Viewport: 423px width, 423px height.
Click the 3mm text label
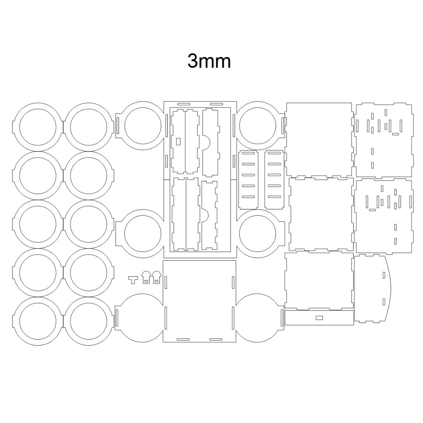coord(209,61)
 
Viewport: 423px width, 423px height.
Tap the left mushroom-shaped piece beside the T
coord(146,277)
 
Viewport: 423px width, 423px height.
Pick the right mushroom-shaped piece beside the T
coord(157,277)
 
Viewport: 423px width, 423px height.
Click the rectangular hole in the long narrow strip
coord(319,318)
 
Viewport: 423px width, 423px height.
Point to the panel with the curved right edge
coord(372,289)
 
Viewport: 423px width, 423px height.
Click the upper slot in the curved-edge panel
coord(384,275)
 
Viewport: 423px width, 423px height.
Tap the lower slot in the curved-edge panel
coord(384,301)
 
